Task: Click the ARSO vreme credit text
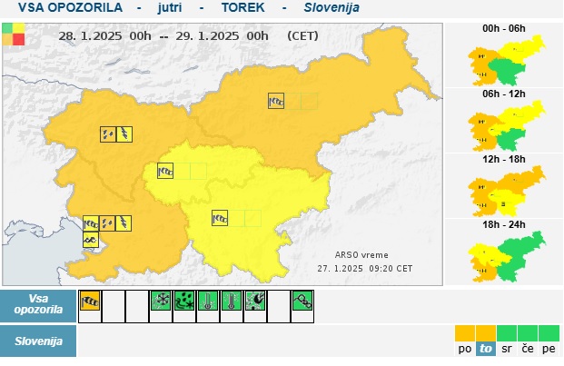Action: [x=361, y=255]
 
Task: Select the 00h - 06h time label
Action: [x=505, y=28]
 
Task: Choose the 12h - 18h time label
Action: [x=505, y=158]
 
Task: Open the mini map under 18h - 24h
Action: [x=505, y=257]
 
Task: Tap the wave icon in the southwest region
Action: [x=91, y=240]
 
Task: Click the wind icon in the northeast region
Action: [x=276, y=102]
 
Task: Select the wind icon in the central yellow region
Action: [x=165, y=171]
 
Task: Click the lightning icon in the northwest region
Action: [x=124, y=134]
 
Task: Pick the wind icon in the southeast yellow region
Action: [x=220, y=218]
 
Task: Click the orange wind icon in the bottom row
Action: [x=90, y=302]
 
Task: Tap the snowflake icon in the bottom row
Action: [x=161, y=302]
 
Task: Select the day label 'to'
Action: [x=486, y=348]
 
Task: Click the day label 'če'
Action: [x=528, y=348]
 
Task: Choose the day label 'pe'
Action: [x=549, y=348]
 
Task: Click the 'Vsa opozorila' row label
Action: [x=38, y=303]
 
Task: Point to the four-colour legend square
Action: [x=14, y=34]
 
